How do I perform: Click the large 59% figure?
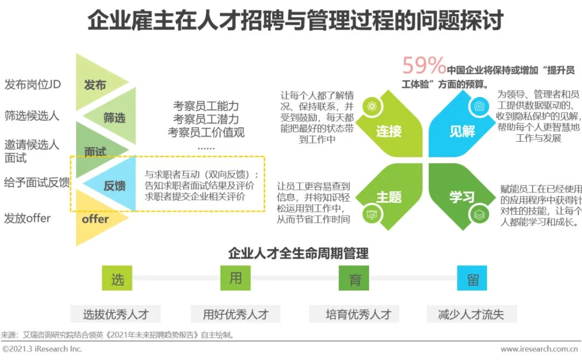click(424, 66)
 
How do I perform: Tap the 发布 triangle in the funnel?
click(96, 85)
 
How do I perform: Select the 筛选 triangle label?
click(114, 118)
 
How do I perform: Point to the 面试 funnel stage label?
click(95, 152)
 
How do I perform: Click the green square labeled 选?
click(117, 278)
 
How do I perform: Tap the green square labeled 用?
click(235, 278)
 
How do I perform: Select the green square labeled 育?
click(354, 278)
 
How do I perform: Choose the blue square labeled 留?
click(472, 278)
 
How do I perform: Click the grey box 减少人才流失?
click(471, 314)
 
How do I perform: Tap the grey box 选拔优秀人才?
click(115, 314)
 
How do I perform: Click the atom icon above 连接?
click(371, 106)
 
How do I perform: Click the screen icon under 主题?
click(371, 214)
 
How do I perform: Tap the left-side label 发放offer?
click(27, 218)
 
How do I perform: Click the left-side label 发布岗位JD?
click(32, 85)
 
